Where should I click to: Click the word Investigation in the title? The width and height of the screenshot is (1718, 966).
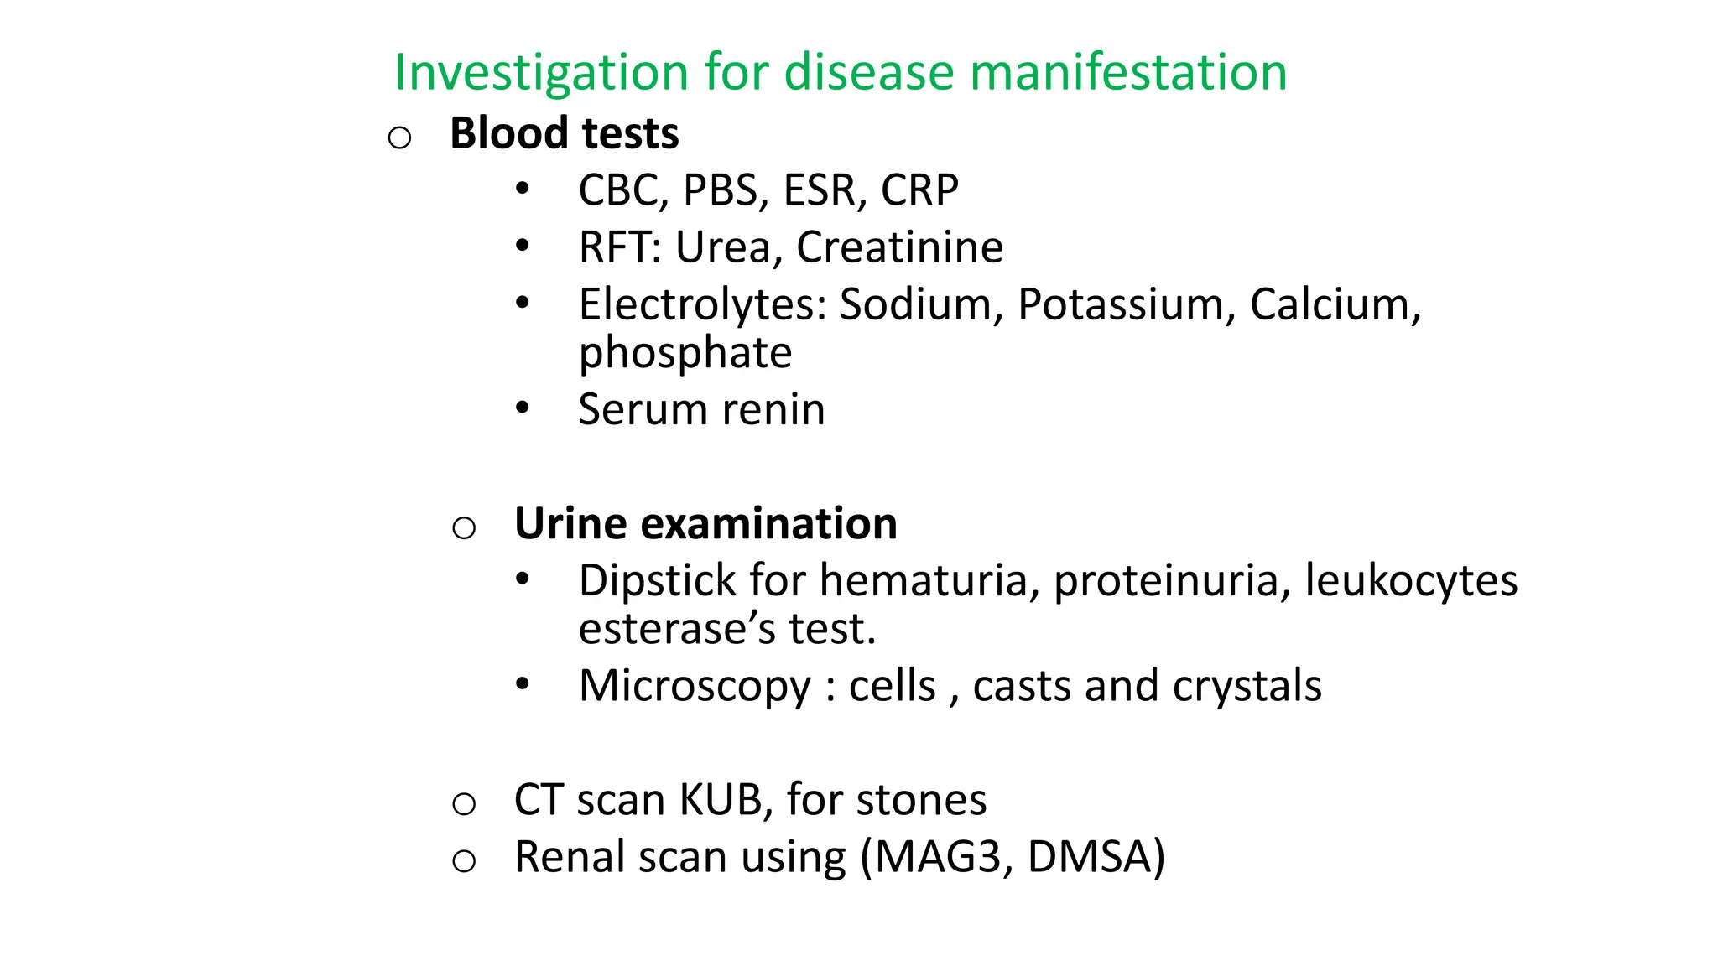[541, 73]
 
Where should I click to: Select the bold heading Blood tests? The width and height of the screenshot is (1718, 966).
[564, 133]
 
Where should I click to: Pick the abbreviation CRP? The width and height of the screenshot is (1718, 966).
[919, 190]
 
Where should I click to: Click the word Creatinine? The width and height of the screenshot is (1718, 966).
[899, 247]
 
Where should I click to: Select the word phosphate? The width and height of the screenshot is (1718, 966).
[685, 353]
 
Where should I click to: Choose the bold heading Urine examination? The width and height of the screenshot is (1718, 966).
[705, 524]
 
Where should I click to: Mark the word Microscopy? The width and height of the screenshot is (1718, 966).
[695, 687]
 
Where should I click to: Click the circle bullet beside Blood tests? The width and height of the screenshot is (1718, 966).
[400, 137]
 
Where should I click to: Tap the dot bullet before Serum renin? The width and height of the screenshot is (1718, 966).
[523, 408]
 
